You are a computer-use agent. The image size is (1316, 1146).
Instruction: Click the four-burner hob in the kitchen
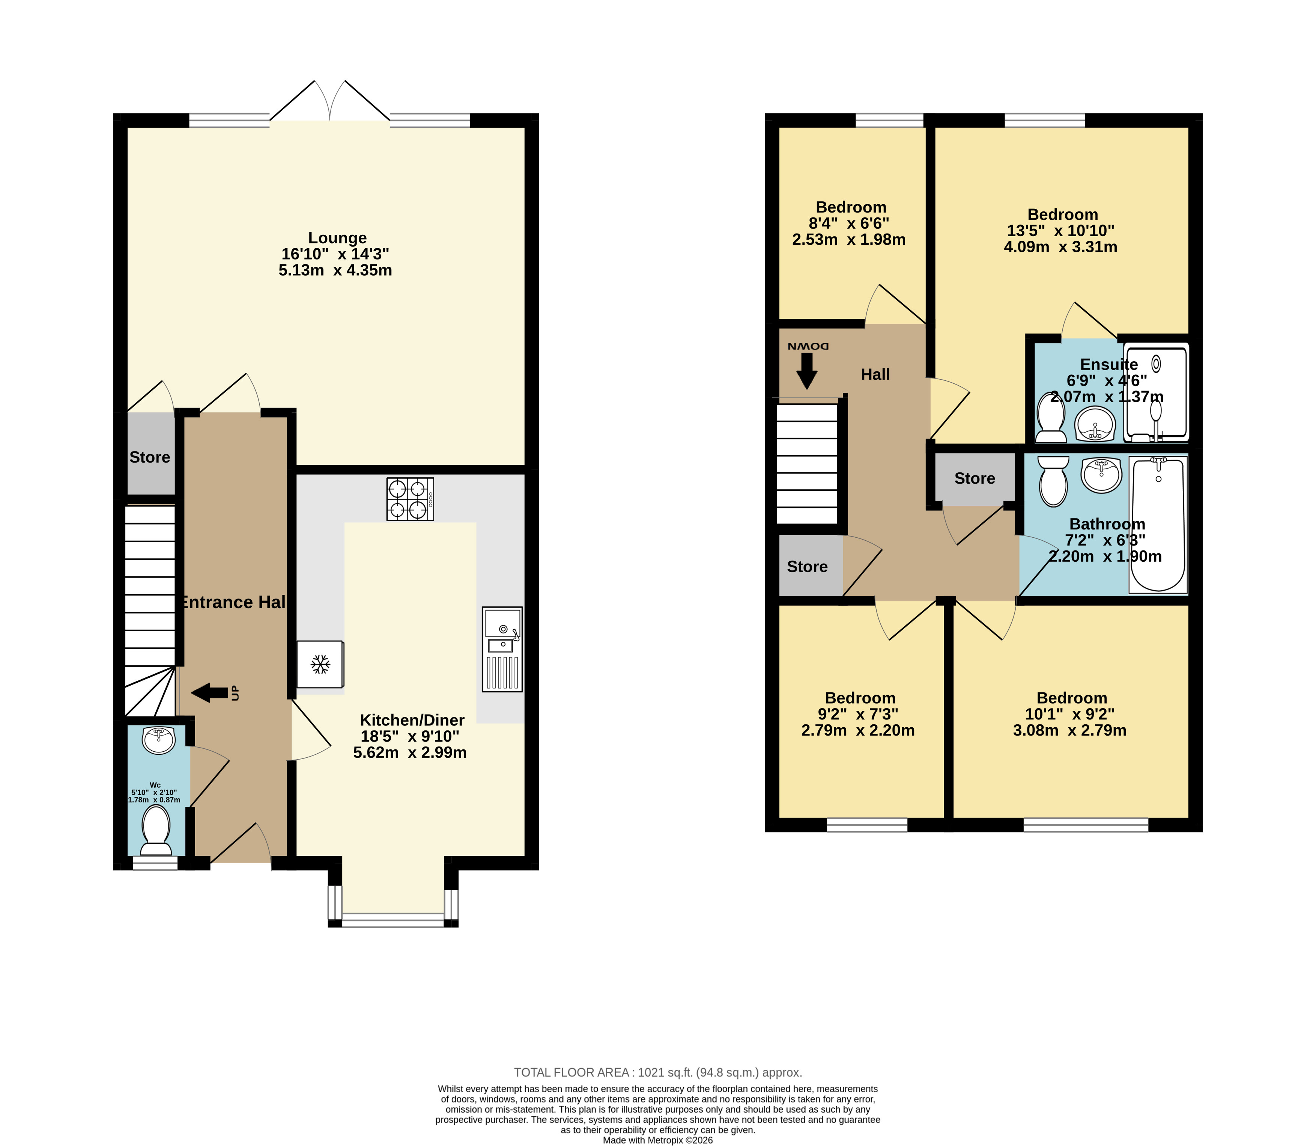coord(410,499)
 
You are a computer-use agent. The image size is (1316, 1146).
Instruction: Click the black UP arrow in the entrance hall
coord(210,692)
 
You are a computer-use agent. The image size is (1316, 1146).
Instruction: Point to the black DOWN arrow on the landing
coord(807,371)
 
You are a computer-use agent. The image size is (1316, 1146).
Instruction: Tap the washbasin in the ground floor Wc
coord(158,740)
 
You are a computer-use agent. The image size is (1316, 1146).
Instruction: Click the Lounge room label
coord(337,238)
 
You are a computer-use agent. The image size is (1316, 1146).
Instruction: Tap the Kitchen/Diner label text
coord(412,720)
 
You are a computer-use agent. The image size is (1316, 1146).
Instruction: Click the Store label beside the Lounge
coord(150,457)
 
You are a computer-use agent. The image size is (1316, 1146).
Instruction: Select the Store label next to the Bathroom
coord(975,478)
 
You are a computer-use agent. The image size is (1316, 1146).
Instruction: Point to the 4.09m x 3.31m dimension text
coord(1060,247)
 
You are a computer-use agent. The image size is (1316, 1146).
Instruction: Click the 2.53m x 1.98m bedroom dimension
coord(849,240)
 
